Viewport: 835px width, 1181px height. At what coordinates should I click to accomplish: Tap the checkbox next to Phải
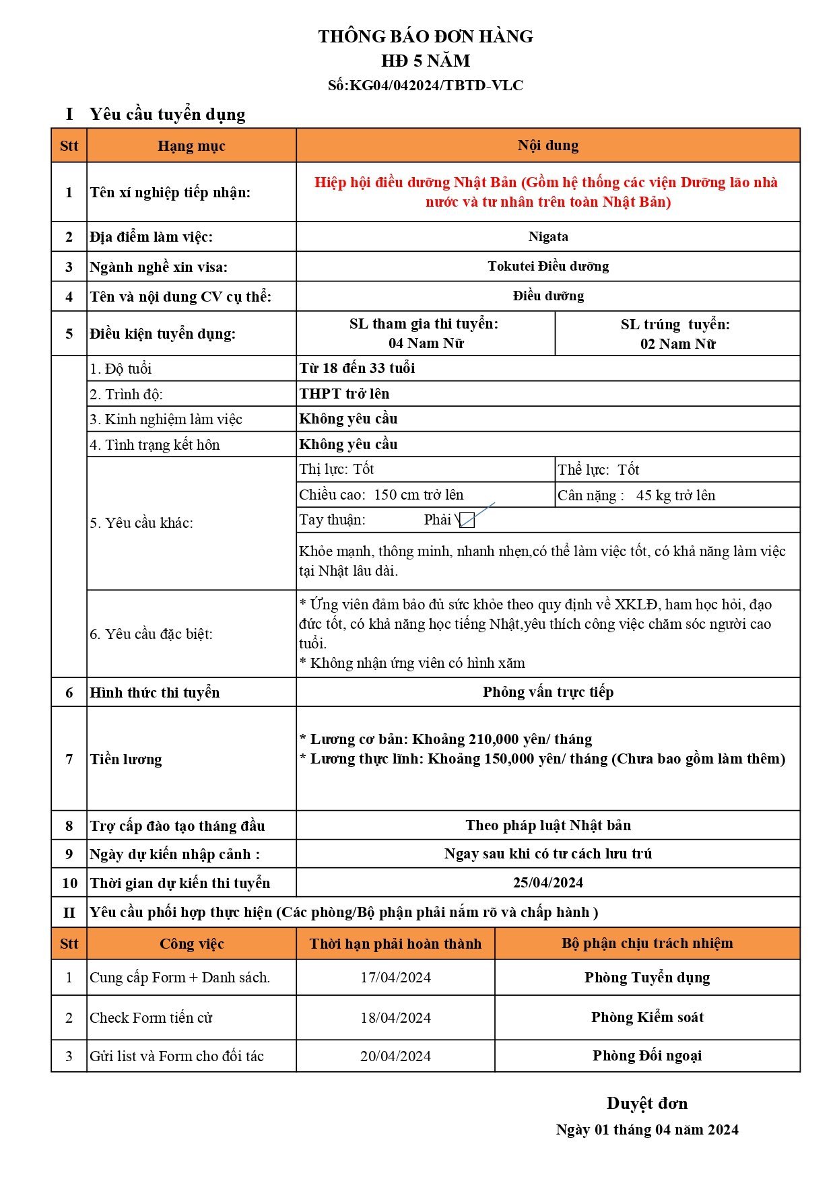tap(467, 520)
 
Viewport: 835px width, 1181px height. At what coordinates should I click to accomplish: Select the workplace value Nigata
tap(548, 236)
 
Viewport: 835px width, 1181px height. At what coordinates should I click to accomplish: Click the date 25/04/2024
tap(548, 882)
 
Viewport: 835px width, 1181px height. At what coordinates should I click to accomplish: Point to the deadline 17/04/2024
tap(395, 977)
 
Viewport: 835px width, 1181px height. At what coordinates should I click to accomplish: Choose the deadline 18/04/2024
tap(395, 1017)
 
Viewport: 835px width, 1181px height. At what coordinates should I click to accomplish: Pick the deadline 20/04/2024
tap(395, 1056)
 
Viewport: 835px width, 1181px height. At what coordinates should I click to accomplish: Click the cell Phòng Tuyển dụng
tap(647, 977)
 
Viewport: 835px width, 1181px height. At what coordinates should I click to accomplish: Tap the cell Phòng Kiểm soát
tap(647, 1017)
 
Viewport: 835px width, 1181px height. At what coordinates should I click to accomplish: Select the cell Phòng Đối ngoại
tap(647, 1055)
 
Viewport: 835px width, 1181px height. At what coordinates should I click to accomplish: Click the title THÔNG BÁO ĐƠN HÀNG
tap(426, 36)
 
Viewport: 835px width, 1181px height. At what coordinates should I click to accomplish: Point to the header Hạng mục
tap(191, 146)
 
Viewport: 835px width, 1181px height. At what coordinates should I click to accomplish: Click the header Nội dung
tap(548, 145)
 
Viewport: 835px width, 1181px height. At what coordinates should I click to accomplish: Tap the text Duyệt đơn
tap(647, 1103)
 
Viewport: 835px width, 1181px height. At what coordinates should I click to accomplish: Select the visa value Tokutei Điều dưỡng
tap(548, 266)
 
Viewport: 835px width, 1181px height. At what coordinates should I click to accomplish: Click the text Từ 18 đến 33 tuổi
tap(357, 368)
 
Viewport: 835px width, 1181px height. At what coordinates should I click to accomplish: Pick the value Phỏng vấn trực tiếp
tap(548, 691)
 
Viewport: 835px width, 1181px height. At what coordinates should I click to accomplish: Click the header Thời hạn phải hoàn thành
tap(395, 943)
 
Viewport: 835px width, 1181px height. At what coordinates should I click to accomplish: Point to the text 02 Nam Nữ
tap(677, 343)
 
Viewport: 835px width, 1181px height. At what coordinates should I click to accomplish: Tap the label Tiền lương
tap(126, 759)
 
